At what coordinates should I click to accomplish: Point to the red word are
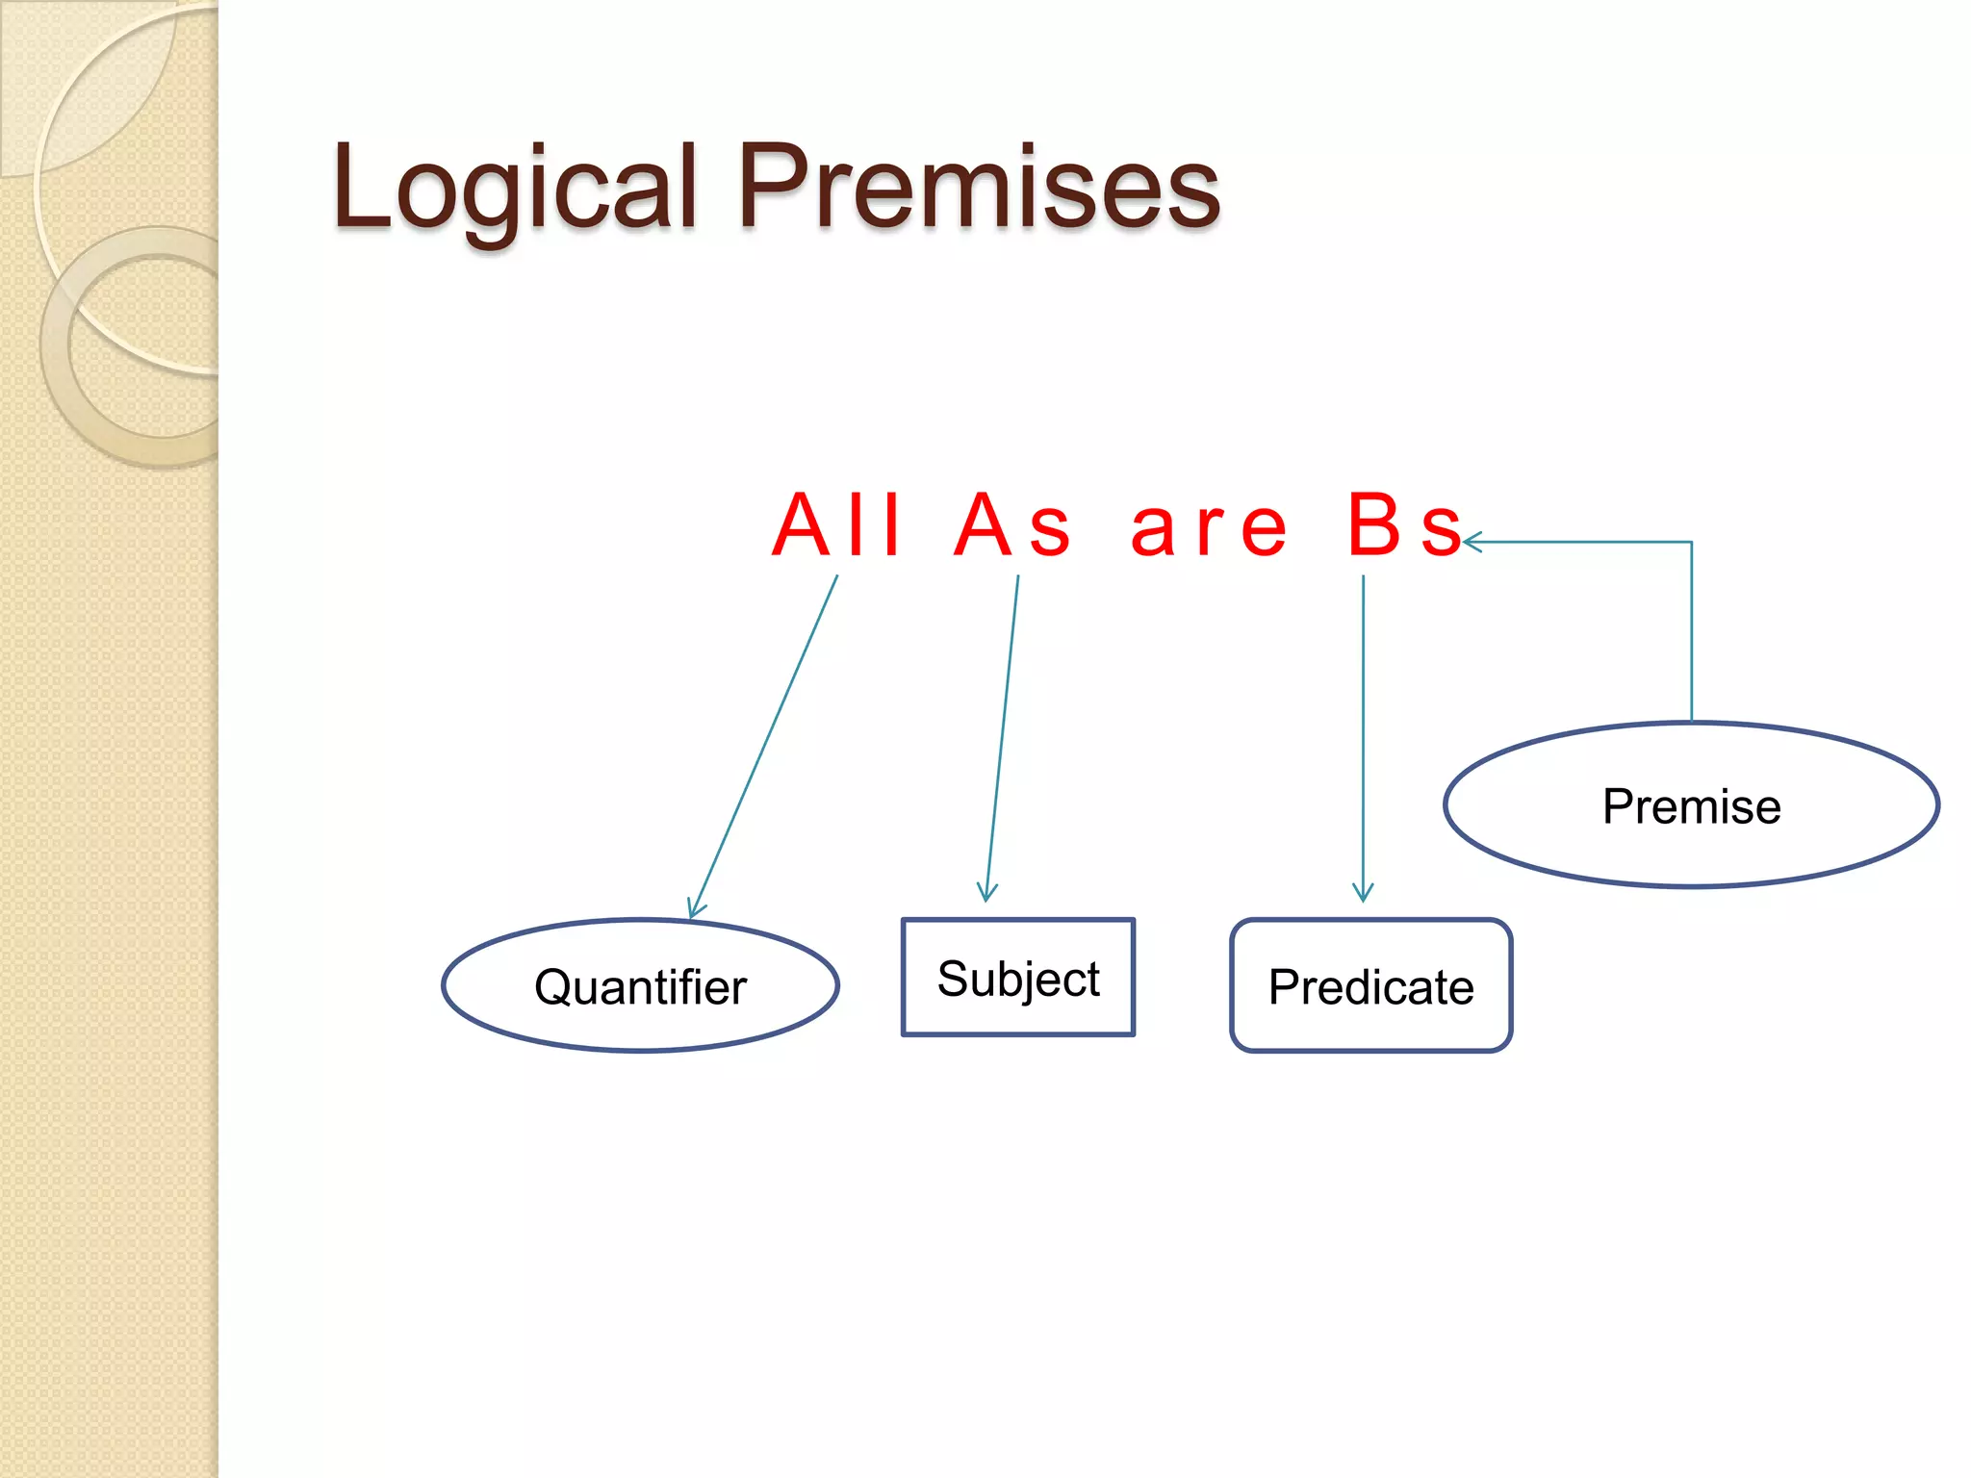(1209, 527)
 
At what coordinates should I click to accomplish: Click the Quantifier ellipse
(640, 985)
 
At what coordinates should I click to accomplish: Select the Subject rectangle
(1018, 978)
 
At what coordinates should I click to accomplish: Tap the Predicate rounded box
(1370, 985)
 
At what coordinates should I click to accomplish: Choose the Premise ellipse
(1691, 804)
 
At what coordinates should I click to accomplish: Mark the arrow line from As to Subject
(1002, 736)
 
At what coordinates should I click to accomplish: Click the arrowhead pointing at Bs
(1471, 543)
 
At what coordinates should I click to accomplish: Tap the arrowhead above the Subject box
(986, 893)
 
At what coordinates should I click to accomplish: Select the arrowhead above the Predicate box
(1363, 893)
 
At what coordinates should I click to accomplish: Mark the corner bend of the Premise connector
(1691, 543)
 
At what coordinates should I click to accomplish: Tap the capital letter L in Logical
(361, 187)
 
